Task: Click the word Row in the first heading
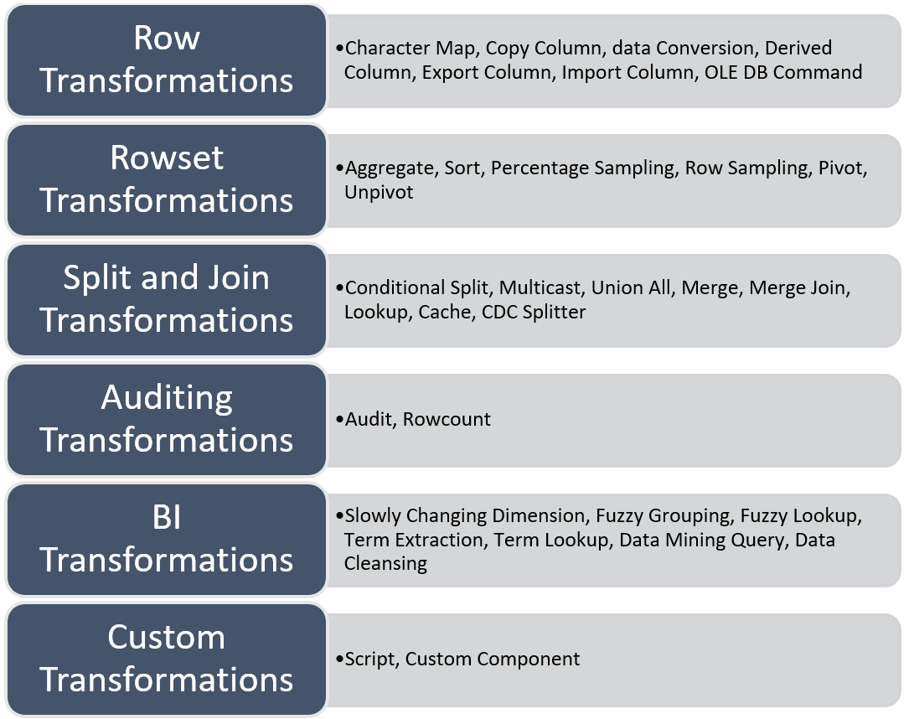tap(166, 39)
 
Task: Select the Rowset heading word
tap(166, 158)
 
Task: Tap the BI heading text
tap(166, 518)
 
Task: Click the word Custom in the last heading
tap(166, 638)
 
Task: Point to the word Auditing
tap(166, 398)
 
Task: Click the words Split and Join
tap(166, 278)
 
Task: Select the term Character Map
tap(411, 49)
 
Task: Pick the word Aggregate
tap(390, 168)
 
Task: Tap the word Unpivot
tap(379, 192)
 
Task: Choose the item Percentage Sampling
tap(582, 168)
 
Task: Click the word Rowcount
tap(447, 419)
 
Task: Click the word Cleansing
tap(385, 563)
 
